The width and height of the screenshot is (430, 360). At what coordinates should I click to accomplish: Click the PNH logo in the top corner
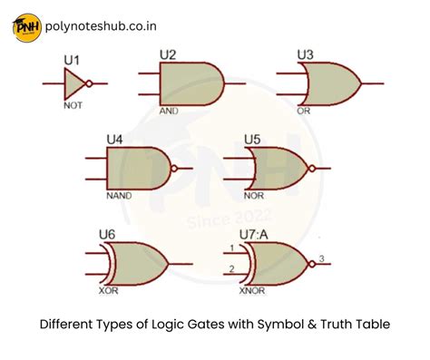click(x=26, y=27)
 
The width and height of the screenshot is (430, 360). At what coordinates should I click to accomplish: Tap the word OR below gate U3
click(x=304, y=112)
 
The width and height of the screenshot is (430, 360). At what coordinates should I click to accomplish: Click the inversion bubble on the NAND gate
click(x=175, y=169)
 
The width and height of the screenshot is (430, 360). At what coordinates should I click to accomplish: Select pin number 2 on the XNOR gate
click(x=231, y=268)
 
